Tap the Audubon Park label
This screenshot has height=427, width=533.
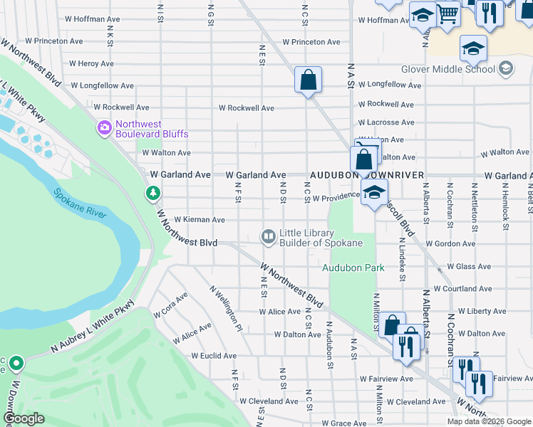pyautogui.click(x=353, y=268)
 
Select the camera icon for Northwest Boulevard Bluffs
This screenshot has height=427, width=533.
pyautogui.click(x=105, y=128)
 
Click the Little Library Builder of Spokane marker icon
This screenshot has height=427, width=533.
pyautogui.click(x=269, y=237)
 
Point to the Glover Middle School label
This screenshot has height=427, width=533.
pyautogui.click(x=447, y=69)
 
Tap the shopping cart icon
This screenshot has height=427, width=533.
pyautogui.click(x=447, y=14)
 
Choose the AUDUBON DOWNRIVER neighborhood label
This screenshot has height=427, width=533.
pyautogui.click(x=366, y=175)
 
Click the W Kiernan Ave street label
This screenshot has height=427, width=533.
pyautogui.click(x=200, y=220)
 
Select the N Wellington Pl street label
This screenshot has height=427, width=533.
pyautogui.click(x=226, y=309)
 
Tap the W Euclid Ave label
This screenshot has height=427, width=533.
pyautogui.click(x=214, y=356)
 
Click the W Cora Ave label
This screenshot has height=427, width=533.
pyautogui.click(x=170, y=305)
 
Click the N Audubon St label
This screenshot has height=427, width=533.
pyautogui.click(x=329, y=345)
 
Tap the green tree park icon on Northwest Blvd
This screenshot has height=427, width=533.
pyautogui.click(x=152, y=193)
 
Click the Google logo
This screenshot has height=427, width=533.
pyautogui.click(x=24, y=418)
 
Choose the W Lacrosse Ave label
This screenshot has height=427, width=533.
pyautogui.click(x=385, y=122)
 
